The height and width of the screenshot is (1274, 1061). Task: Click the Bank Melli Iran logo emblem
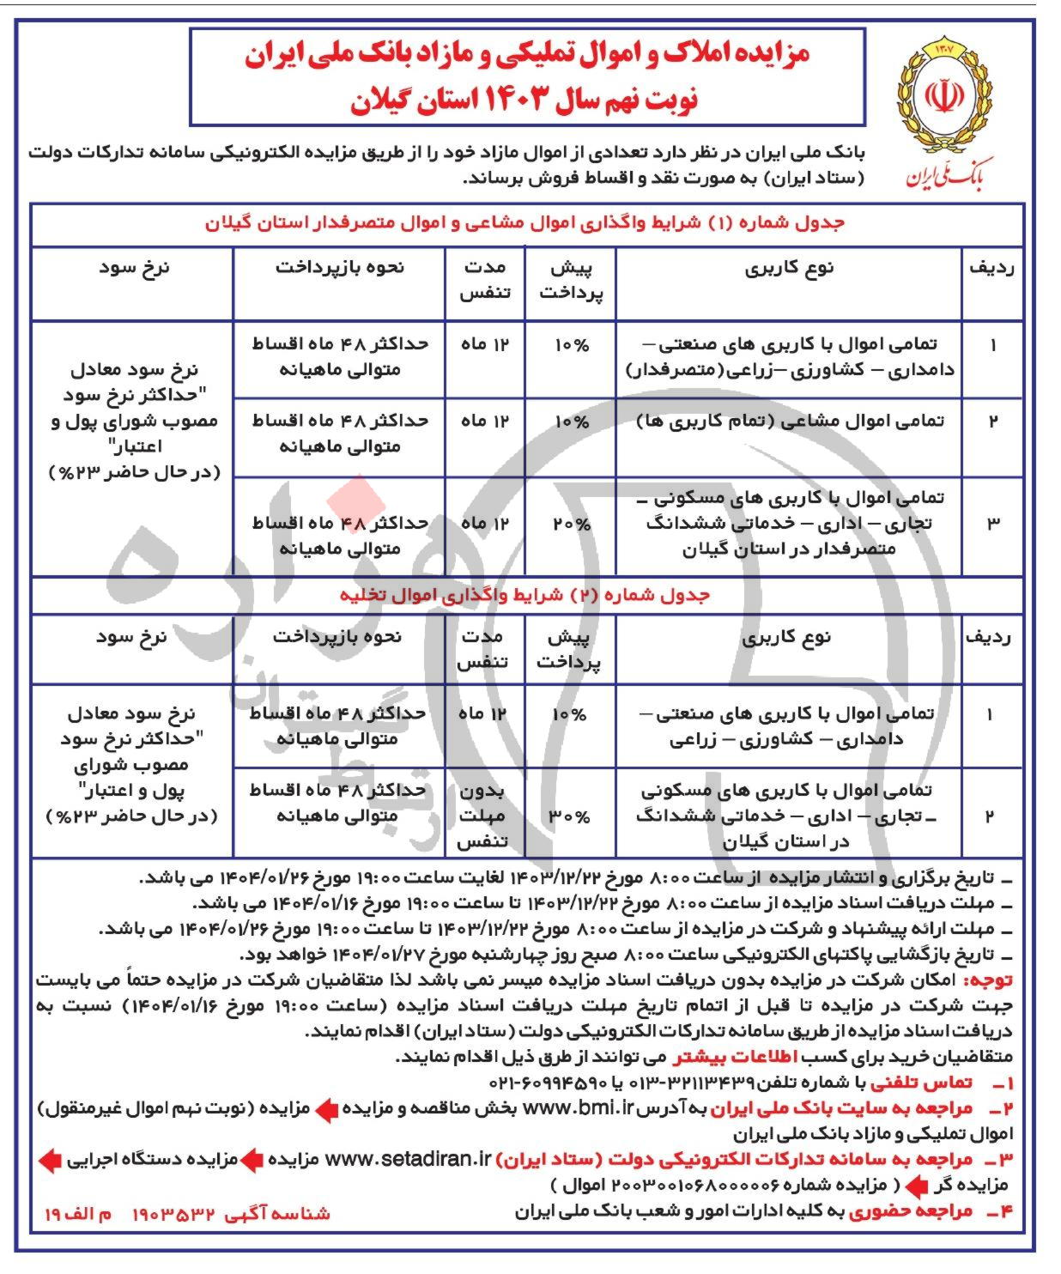943,94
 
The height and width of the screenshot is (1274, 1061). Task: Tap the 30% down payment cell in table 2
570,816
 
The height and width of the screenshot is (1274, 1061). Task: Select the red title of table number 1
524,223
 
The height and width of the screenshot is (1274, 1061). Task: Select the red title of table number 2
524,595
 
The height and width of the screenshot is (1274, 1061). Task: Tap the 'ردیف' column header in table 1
991,268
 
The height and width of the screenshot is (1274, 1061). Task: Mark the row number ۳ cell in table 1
992,523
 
